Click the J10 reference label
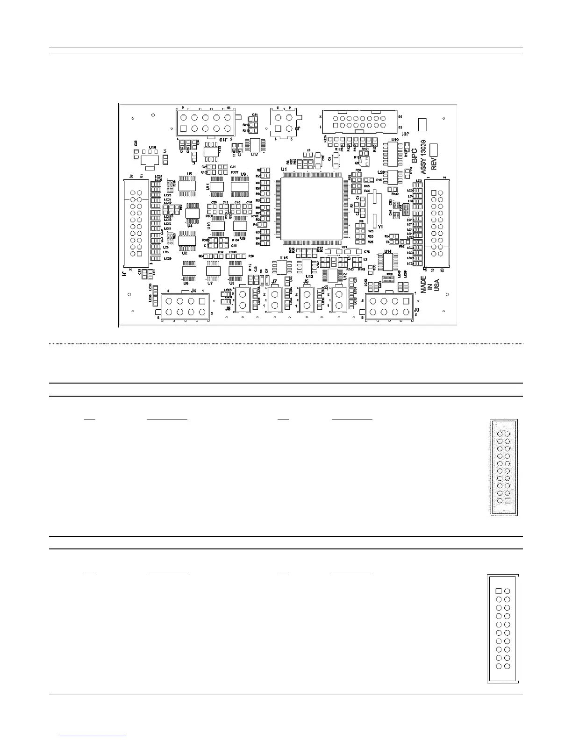pyautogui.click(x=224, y=139)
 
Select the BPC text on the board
pyautogui.click(x=414, y=155)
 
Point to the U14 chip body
pyautogui.click(x=388, y=262)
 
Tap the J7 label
pyautogui.click(x=274, y=282)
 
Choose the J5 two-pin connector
pyautogui.click(x=307, y=299)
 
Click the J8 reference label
pyautogui.click(x=228, y=308)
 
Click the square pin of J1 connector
pyautogui.click(x=139, y=254)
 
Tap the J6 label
pyautogui.click(x=417, y=310)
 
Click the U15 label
pyautogui.click(x=284, y=258)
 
